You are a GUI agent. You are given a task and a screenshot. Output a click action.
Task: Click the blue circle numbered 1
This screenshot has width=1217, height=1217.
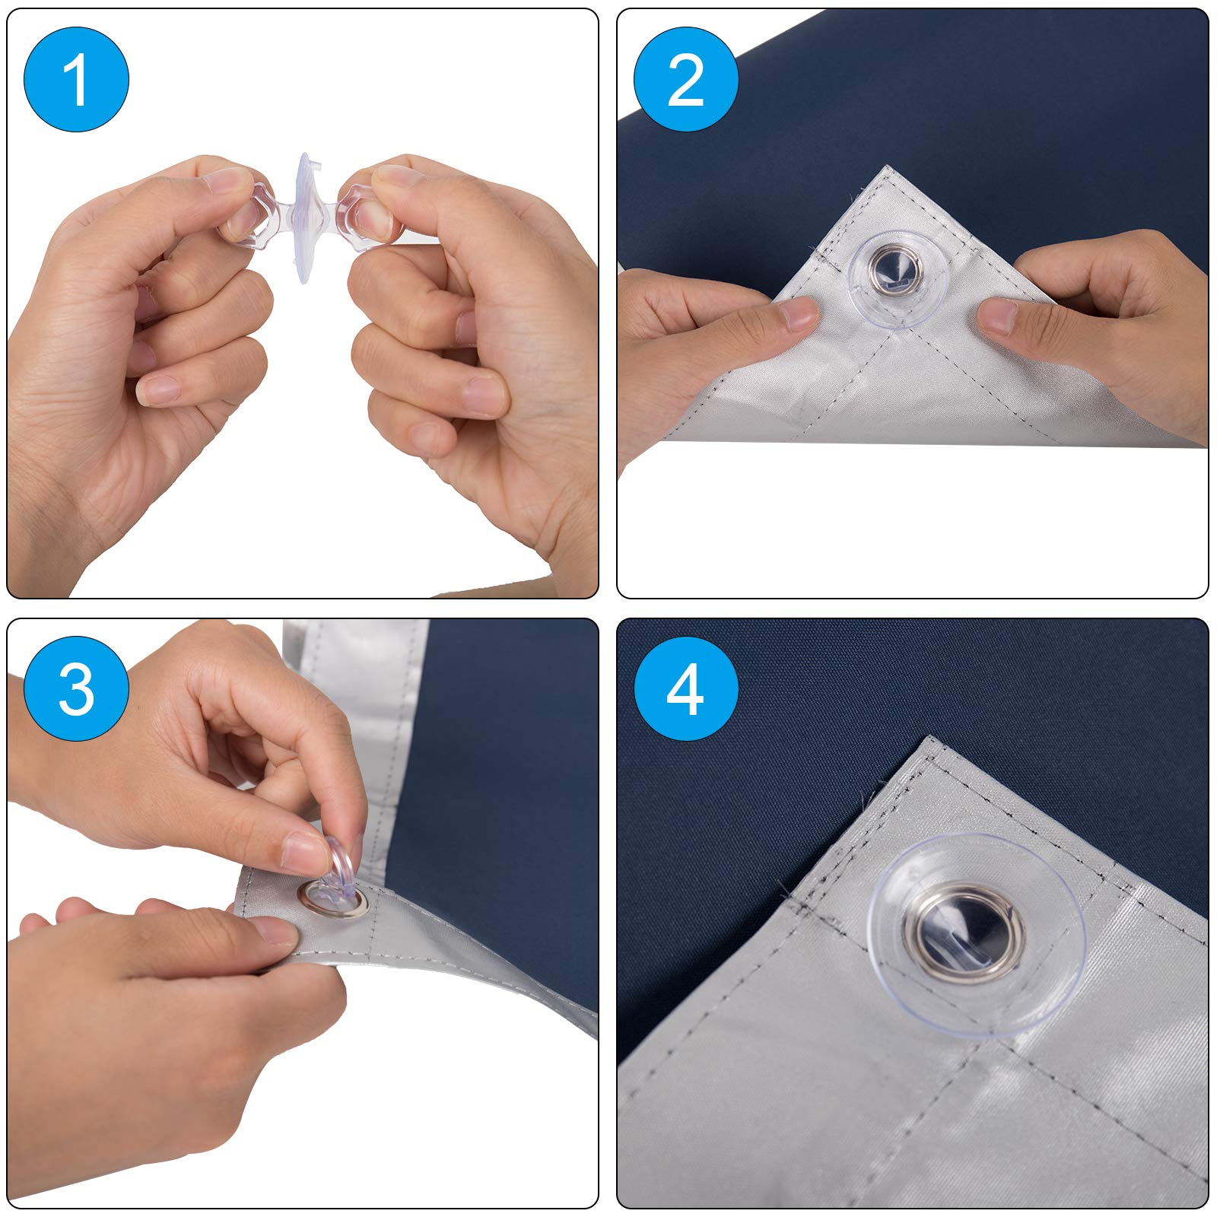coord(76,79)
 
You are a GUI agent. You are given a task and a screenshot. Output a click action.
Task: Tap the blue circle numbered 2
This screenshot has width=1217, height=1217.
coord(685,79)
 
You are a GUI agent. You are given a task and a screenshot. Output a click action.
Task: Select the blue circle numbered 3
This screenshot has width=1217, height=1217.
coord(76,689)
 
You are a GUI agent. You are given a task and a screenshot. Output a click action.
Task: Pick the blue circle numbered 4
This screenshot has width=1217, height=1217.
coord(685,689)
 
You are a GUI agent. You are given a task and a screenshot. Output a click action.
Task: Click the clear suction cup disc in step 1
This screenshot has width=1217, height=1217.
coord(303,218)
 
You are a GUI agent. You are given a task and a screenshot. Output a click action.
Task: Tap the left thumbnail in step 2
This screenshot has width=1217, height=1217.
coord(796,313)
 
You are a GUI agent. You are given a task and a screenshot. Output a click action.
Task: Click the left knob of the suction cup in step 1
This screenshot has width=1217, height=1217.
coord(251,215)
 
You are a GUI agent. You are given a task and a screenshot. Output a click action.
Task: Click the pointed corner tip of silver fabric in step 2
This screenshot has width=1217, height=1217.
coord(885,166)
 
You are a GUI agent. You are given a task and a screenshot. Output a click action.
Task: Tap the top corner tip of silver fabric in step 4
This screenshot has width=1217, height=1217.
coord(929,736)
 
